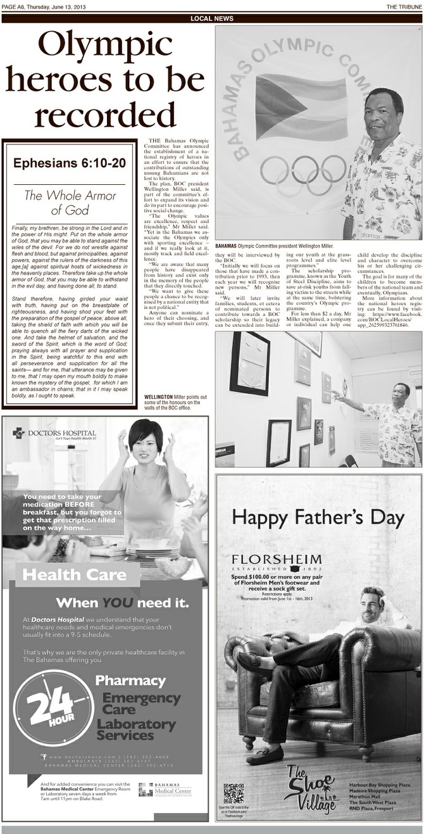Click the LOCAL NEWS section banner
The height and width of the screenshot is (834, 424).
click(212, 18)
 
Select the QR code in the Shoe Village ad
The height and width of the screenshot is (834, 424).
click(234, 793)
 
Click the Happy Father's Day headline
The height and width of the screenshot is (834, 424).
click(318, 517)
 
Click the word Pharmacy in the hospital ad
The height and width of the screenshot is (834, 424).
click(130, 681)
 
